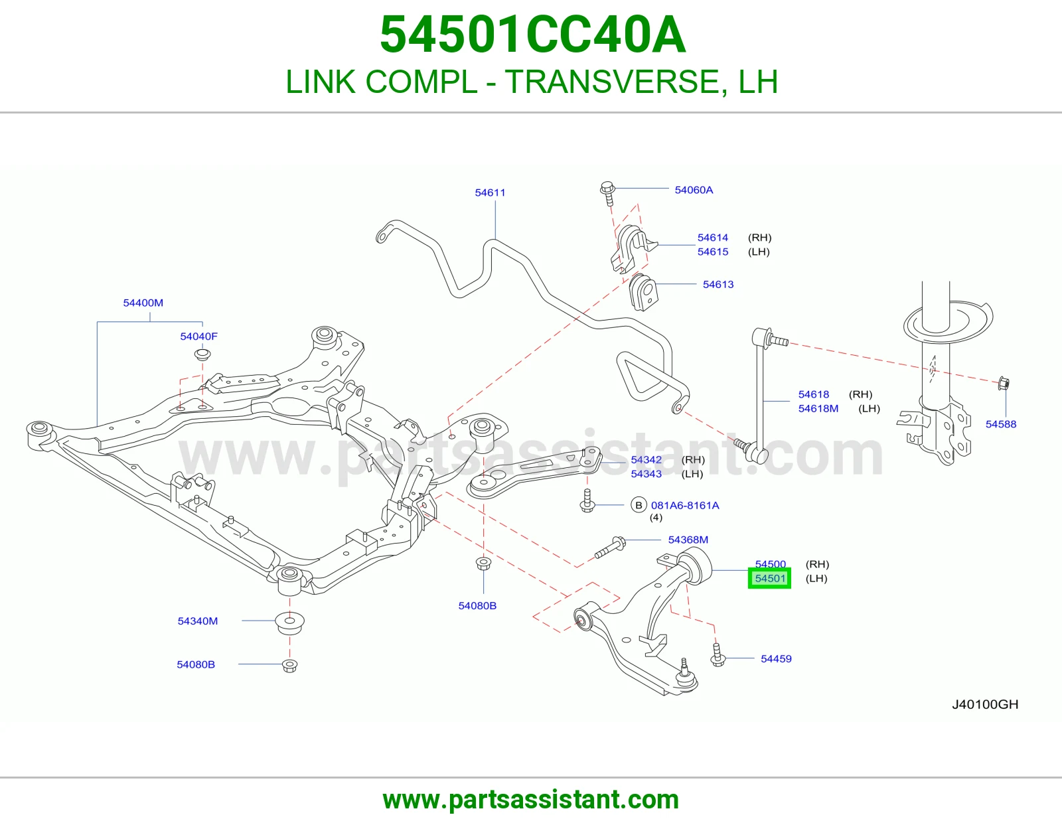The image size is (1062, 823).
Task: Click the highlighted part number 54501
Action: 770,579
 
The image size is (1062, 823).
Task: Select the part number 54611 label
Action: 491,192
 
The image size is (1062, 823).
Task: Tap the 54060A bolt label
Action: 694,190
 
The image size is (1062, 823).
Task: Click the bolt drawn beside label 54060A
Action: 607,194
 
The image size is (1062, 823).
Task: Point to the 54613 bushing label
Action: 718,285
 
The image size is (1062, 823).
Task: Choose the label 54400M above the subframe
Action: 143,303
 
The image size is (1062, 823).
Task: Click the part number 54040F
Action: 198,337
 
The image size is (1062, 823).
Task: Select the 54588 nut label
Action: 1000,424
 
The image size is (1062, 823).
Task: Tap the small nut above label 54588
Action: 1004,384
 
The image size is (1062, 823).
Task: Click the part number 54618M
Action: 818,409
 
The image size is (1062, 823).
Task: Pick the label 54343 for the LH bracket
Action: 646,474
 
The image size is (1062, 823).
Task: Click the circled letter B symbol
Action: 639,505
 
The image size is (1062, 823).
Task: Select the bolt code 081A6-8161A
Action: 685,505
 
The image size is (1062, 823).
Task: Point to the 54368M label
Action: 688,540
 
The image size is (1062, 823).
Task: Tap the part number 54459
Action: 776,659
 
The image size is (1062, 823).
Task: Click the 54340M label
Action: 197,621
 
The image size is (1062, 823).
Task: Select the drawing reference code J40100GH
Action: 985,704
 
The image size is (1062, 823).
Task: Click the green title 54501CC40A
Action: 533,35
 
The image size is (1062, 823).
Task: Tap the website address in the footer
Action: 531,800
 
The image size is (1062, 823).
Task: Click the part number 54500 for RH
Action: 770,564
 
